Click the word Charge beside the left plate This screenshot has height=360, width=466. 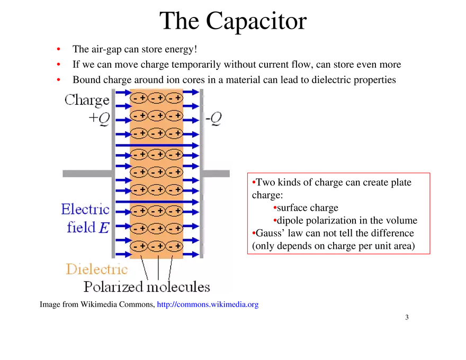pos(87,100)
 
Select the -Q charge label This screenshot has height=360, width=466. pos(213,119)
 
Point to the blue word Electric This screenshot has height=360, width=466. pos(85,209)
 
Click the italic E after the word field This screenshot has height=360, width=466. pos(105,228)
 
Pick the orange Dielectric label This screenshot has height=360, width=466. pos(96,269)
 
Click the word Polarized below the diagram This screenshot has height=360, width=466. pos(113,287)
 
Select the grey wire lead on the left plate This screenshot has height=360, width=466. pos(87,174)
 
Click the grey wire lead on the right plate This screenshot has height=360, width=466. pos(216,174)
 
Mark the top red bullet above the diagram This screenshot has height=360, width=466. pos(59,49)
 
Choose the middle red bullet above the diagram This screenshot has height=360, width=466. pos(59,64)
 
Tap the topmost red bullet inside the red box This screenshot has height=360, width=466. pos(254,182)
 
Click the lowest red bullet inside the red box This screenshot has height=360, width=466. pos(253,232)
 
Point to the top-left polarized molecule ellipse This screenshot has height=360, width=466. pos(139,98)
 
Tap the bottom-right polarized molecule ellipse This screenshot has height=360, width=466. pos(174,246)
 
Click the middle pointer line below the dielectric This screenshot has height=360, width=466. pos(158,270)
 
